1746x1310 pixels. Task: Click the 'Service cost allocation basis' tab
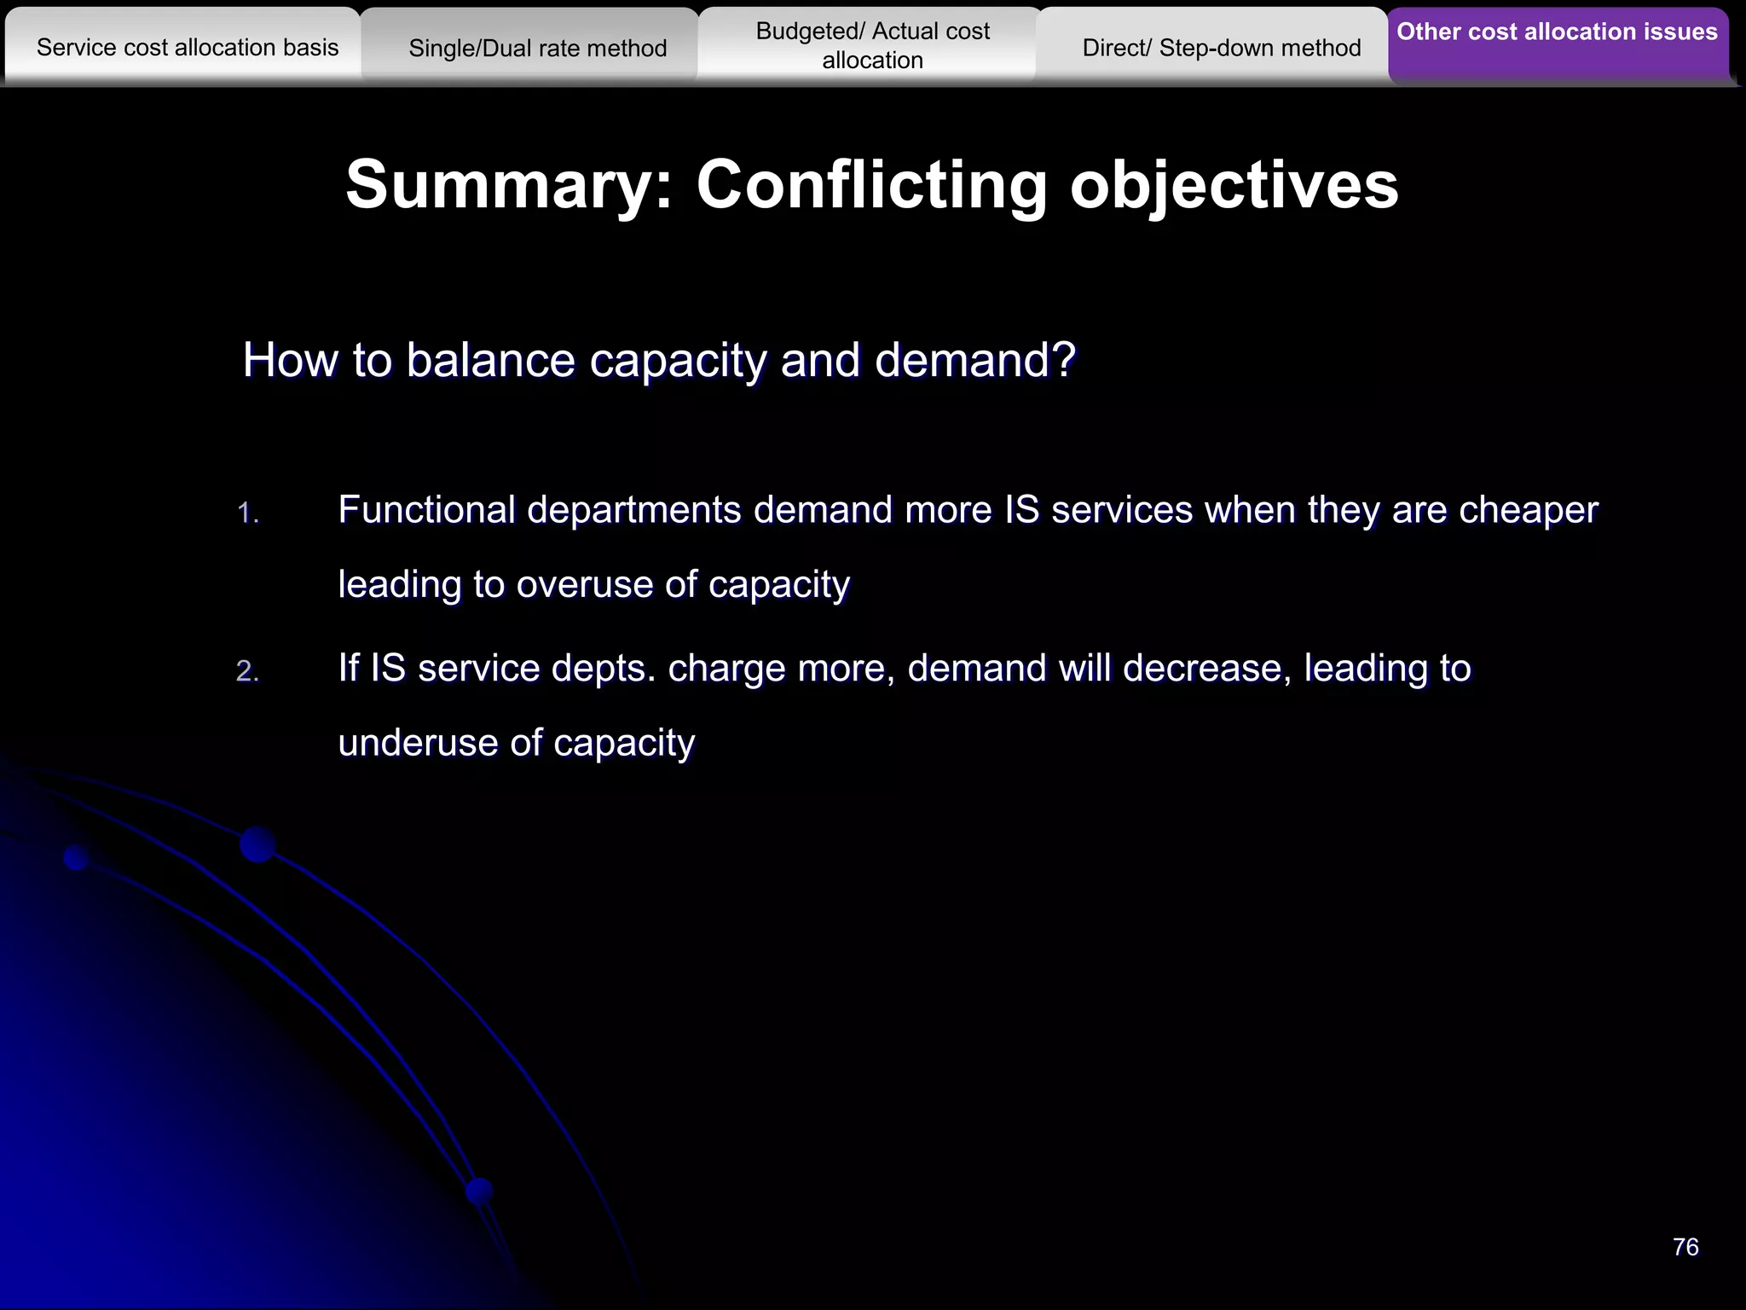(x=188, y=48)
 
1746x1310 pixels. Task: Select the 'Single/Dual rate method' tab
(x=537, y=49)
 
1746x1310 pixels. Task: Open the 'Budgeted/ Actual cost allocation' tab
(x=872, y=46)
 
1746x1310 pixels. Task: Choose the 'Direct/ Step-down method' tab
(x=1221, y=49)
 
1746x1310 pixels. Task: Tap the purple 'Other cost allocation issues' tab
(x=1557, y=32)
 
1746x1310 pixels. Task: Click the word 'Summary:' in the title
(x=510, y=185)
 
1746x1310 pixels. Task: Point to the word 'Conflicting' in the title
(x=871, y=185)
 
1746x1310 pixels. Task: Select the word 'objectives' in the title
(x=1234, y=185)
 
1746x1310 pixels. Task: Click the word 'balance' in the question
(x=489, y=361)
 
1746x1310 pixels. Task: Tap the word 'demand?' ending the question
(x=975, y=361)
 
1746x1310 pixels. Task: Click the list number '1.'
(x=247, y=513)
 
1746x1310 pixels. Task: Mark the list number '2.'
(x=247, y=672)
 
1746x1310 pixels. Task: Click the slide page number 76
(x=1685, y=1247)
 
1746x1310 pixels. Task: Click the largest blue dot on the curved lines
(x=257, y=844)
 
